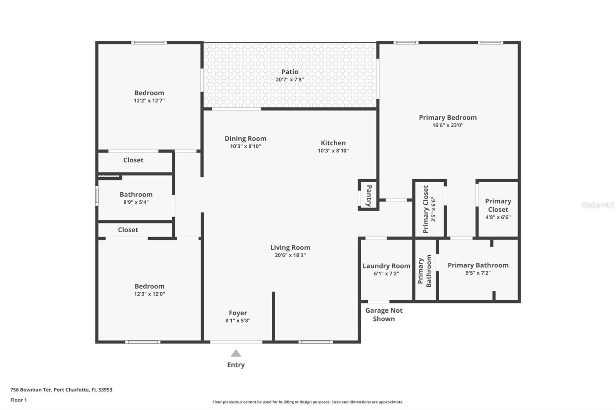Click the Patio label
[290, 72]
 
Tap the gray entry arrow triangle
[236, 353]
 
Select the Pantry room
[368, 195]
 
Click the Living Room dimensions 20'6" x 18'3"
[290, 255]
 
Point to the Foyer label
[238, 313]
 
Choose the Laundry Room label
[386, 266]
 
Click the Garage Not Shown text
[384, 315]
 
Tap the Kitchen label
[333, 143]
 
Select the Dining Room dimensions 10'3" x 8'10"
[245, 147]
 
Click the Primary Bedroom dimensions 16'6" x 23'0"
[448, 125]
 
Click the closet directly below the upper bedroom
[133, 160]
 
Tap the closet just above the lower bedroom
[128, 230]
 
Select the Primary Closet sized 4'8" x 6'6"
[498, 209]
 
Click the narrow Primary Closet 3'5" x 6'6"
[429, 209]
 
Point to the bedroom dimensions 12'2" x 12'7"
[149, 101]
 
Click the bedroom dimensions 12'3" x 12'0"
[149, 294]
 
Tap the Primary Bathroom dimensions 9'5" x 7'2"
[478, 273]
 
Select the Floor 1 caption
[18, 400]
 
